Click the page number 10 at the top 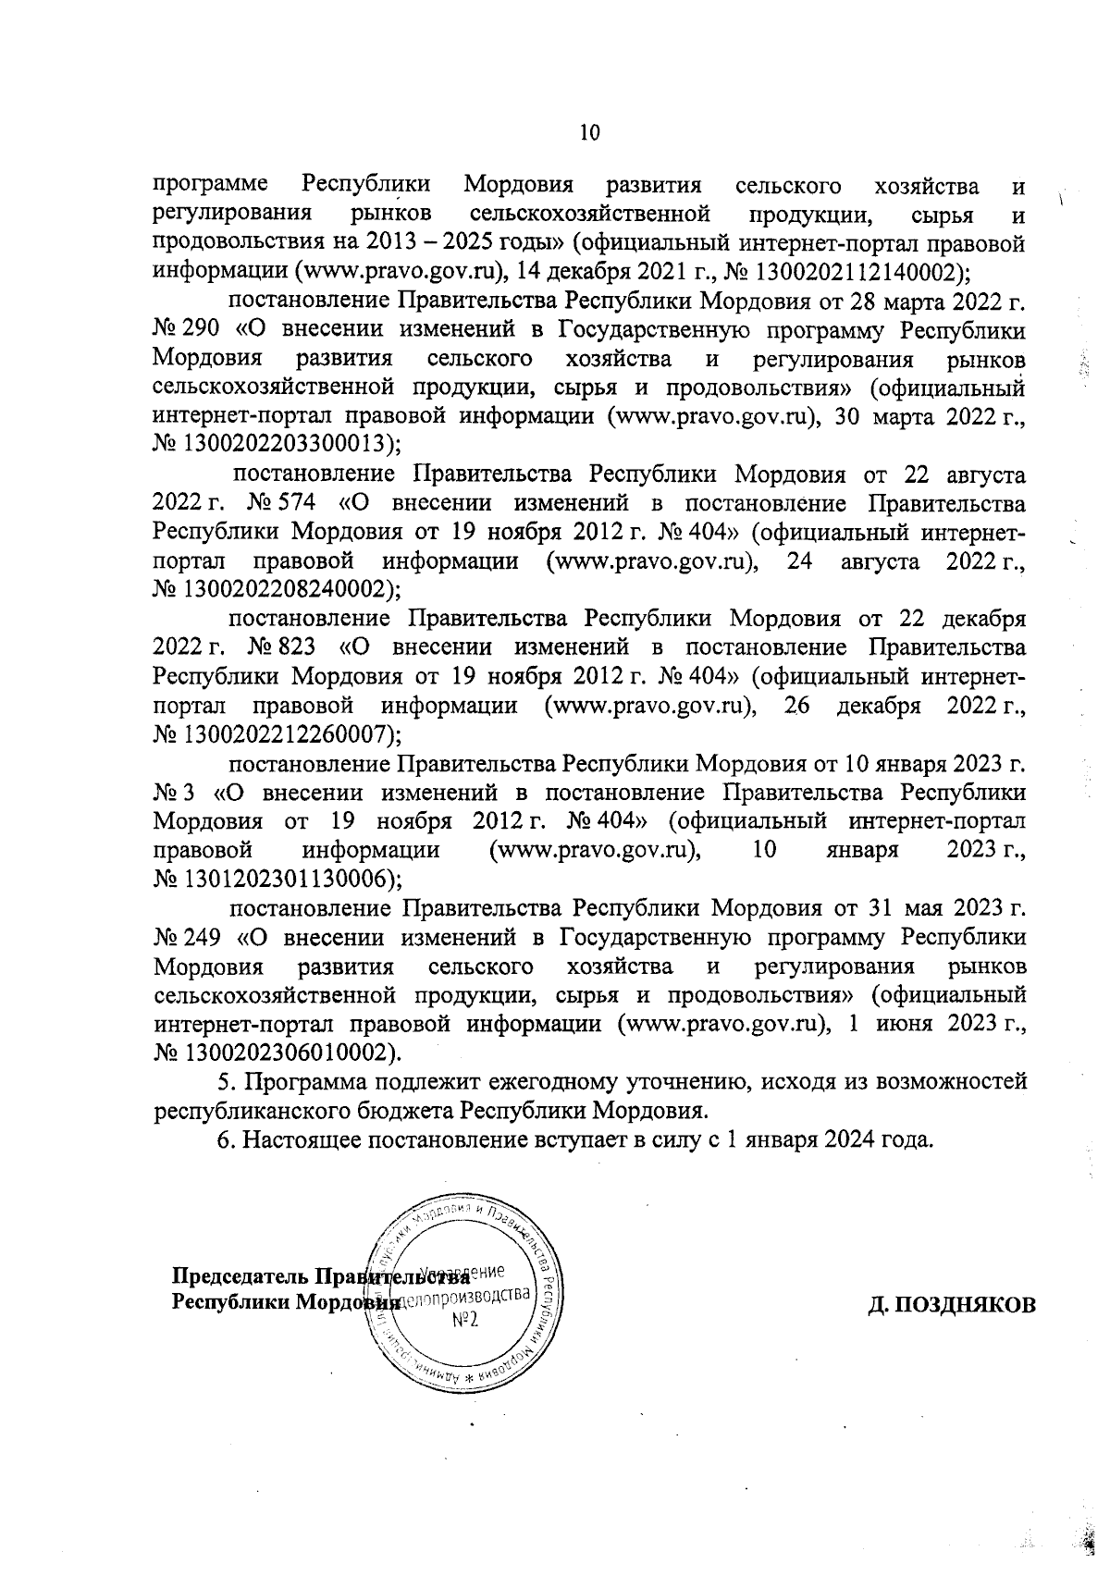(x=589, y=132)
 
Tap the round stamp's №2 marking (x=465, y=1321)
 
